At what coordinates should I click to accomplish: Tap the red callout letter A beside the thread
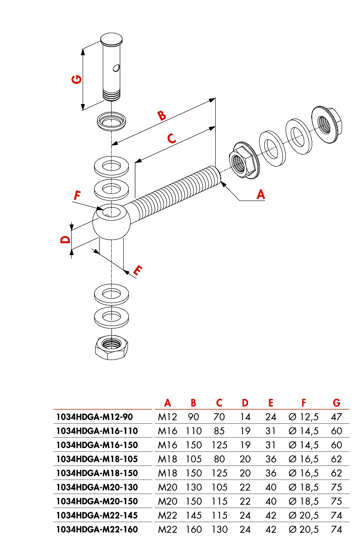point(261,194)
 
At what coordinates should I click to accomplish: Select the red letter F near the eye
point(77,196)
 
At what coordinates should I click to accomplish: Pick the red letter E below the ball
point(138,271)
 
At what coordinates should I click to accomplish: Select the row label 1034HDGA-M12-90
point(94,417)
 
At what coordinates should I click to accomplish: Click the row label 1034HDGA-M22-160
point(97,529)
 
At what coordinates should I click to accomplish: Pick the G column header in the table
point(337,403)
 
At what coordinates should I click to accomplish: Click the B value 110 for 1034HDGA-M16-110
point(193,431)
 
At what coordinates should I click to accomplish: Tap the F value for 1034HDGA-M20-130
point(303,487)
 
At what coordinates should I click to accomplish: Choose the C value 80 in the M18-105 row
point(219,459)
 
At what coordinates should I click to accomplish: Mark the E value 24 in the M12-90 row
point(271,417)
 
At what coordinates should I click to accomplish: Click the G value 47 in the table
point(337,417)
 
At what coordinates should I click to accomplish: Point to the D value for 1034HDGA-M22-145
point(245,516)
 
